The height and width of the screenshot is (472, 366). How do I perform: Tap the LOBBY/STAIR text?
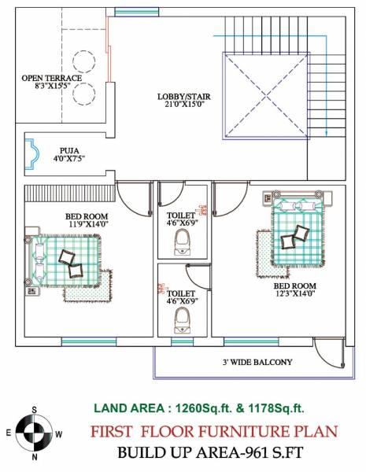click(184, 95)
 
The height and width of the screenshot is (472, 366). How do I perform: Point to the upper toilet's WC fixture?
click(183, 239)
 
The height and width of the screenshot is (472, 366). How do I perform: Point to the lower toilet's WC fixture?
click(183, 317)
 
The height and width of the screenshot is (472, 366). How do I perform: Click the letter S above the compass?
click(34, 410)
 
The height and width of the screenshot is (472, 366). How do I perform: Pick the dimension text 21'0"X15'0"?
click(184, 104)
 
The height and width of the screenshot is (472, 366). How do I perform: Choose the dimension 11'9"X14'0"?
click(86, 224)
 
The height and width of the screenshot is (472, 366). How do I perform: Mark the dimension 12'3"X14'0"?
click(294, 293)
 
